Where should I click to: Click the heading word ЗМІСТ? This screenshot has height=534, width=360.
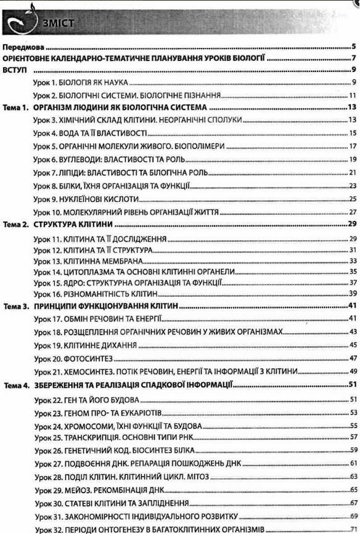point(59,23)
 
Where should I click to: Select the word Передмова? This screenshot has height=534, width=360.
point(26,46)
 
